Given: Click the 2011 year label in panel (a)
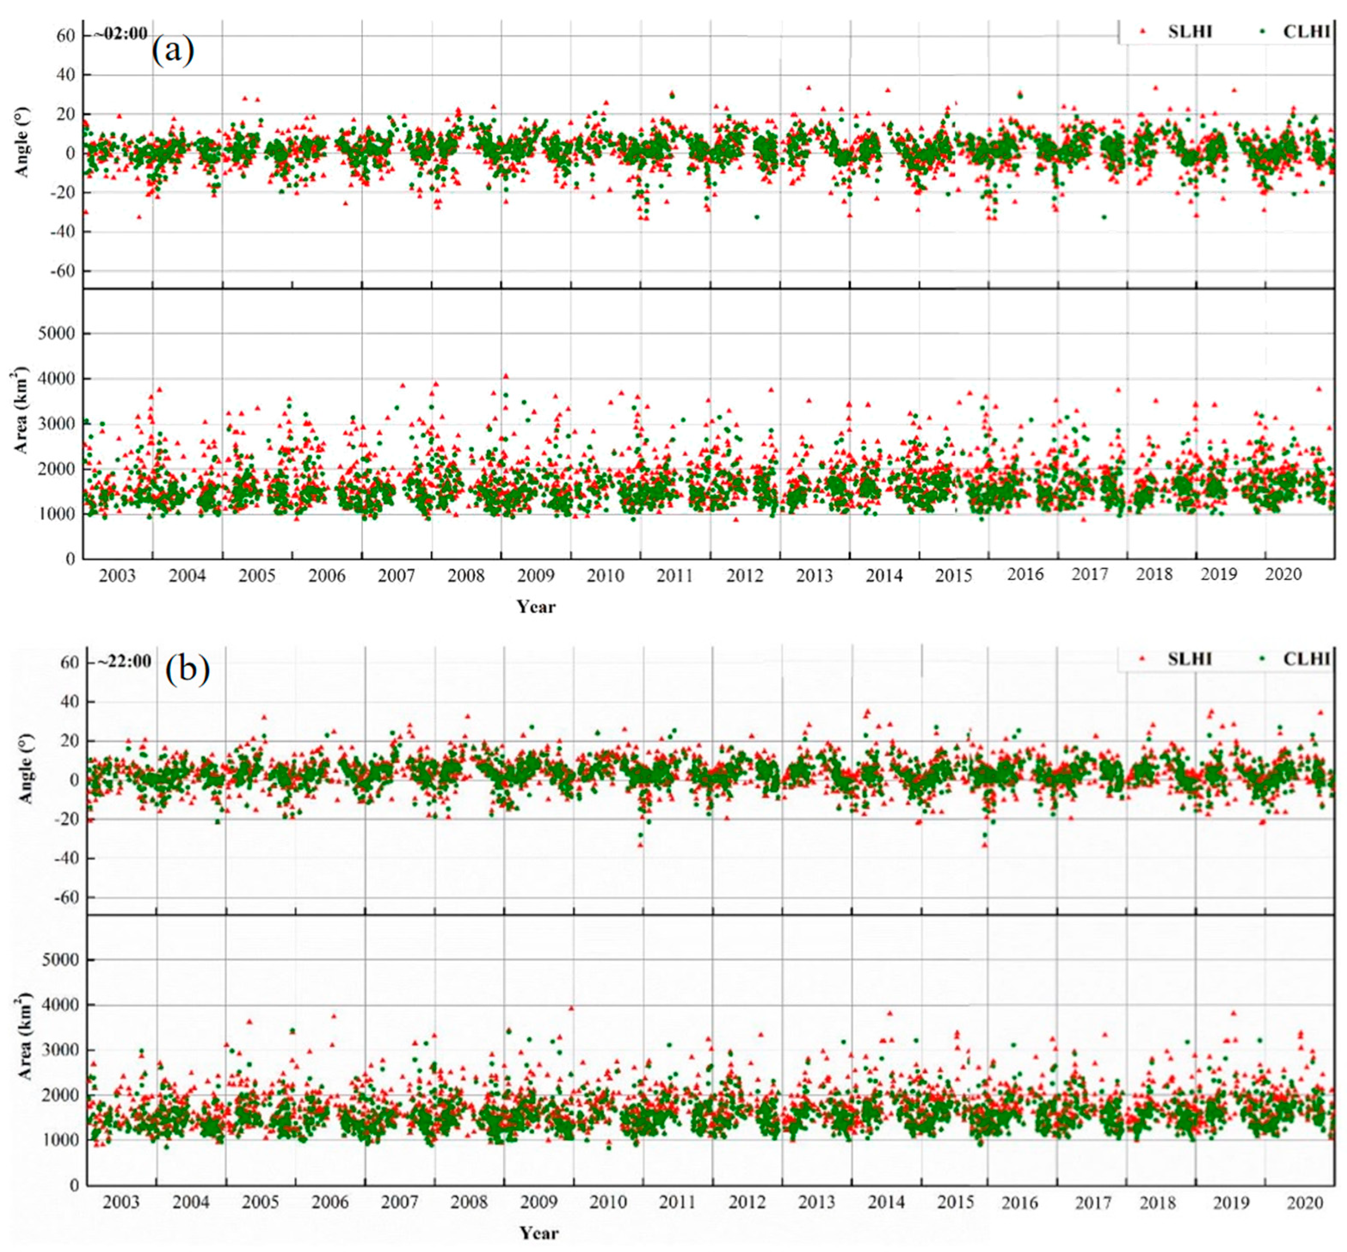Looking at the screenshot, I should pos(674,576).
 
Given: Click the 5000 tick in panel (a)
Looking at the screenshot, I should pos(56,333).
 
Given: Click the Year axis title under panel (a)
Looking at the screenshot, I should pos(536,606).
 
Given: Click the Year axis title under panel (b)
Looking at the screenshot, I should pos(539,1232).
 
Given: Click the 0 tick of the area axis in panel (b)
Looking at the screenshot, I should pos(73,1185).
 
